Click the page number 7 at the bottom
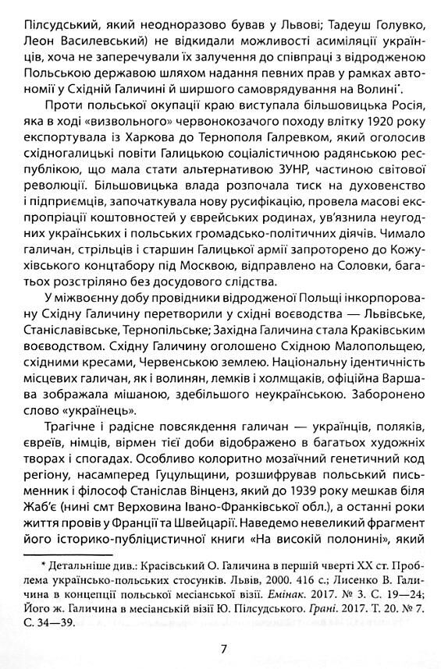tap(223, 626)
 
